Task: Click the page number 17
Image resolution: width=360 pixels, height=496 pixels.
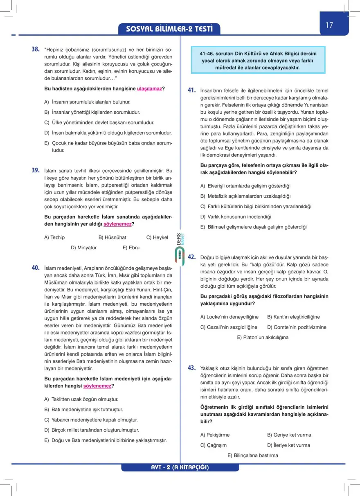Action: coord(330,25)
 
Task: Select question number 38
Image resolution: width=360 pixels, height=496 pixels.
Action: coord(36,49)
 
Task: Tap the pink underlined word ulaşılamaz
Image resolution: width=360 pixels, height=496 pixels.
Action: coord(149,88)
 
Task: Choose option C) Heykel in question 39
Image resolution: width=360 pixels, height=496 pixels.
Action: coord(157,237)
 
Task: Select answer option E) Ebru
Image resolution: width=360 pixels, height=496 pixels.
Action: coord(131,248)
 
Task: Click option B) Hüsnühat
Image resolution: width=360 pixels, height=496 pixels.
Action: coord(112,237)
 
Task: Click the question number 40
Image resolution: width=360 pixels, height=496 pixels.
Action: coord(36,268)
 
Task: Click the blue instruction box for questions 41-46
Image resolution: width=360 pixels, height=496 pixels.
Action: coord(258,60)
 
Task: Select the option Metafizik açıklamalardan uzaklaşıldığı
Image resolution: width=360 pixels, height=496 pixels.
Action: coord(245,196)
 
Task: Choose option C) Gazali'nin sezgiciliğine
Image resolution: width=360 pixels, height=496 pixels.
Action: coord(229,327)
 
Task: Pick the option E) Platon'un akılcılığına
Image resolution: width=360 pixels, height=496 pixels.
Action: coord(263,338)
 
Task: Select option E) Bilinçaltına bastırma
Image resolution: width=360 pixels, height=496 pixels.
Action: coord(253,455)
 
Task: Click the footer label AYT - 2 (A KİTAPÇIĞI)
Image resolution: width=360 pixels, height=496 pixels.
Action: coord(180,467)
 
